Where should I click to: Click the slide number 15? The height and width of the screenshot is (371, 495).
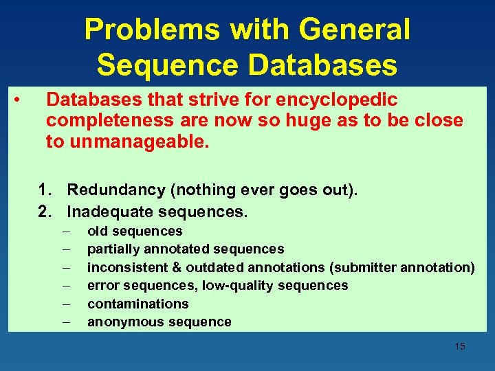pos(459,346)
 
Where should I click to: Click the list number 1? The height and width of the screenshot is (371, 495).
pos(46,190)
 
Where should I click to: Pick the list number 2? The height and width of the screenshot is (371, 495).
pos(46,211)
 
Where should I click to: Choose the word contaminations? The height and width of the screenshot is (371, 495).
pos(137,304)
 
